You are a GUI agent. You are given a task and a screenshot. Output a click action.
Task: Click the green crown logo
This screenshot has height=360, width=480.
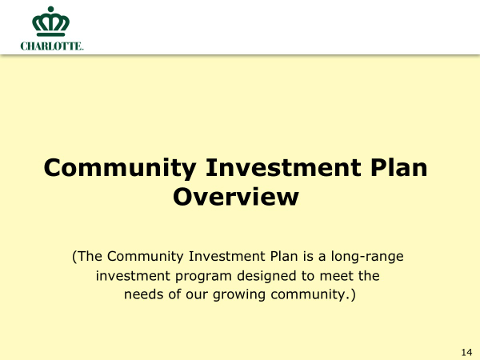point(51,22)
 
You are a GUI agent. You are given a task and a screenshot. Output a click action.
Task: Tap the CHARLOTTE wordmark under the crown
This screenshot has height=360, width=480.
point(52,46)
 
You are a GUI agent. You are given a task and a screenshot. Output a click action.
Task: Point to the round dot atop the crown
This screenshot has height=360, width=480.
point(51,9)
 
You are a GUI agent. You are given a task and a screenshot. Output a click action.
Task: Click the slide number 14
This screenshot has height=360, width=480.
point(466,352)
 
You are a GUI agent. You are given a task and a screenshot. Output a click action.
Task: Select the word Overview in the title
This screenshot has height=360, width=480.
point(236,197)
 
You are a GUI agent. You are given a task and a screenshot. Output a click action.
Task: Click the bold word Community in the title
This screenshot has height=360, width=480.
point(120,168)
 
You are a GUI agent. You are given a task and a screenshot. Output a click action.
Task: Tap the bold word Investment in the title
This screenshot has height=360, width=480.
point(283,167)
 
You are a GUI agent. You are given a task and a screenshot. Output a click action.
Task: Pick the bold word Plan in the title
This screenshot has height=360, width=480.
point(398,167)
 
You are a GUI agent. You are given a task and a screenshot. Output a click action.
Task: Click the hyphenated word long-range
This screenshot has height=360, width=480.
point(367,257)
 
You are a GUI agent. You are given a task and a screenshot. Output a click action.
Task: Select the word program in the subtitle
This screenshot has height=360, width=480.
point(203,277)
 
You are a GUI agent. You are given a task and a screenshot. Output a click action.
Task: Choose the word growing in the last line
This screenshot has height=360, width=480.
point(238,294)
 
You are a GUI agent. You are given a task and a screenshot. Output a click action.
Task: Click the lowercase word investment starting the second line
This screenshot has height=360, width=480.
point(133,275)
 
